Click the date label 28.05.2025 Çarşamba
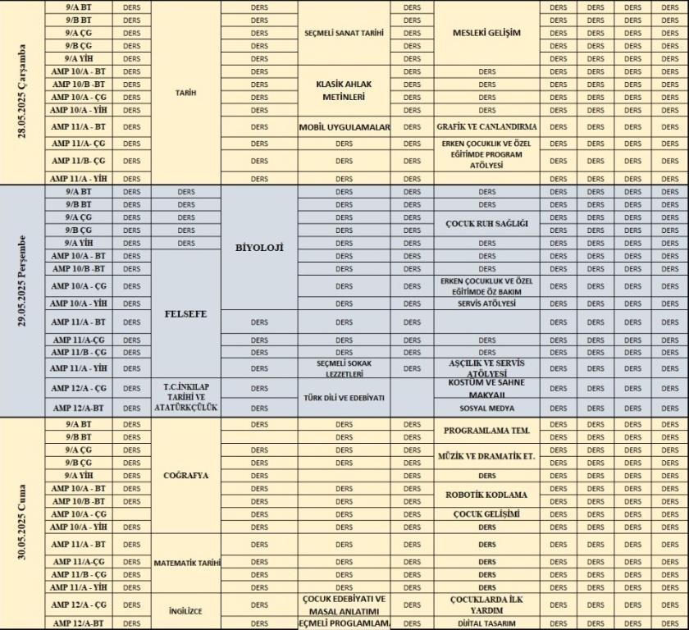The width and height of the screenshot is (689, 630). [22, 92]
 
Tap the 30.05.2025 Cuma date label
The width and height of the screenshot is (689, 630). [22, 523]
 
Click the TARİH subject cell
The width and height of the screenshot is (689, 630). [185, 93]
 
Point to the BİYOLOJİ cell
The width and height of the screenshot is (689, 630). [259, 247]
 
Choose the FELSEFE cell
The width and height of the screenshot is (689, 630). [185, 314]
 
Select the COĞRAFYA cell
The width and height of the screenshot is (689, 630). [185, 475]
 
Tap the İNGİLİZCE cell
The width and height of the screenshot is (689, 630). [185, 611]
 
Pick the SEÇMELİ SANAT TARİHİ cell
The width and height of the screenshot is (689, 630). [344, 33]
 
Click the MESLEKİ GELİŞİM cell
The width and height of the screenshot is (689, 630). [486, 33]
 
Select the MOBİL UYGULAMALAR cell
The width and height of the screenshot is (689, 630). [344, 127]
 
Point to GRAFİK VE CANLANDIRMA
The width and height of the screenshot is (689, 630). [486, 127]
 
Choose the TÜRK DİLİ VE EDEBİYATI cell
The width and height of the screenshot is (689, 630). [344, 397]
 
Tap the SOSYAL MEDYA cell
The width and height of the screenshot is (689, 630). [486, 408]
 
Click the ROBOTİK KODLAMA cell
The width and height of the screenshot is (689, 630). [486, 495]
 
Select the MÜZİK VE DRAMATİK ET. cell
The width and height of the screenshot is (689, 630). [486, 456]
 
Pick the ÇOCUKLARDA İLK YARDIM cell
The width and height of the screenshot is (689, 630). [486, 605]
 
